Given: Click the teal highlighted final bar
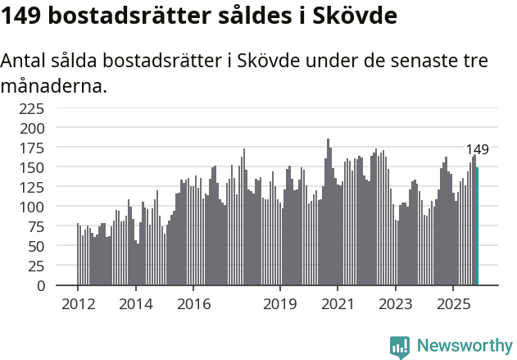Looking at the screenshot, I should coord(477,226).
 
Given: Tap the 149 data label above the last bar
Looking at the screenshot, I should coord(477,149).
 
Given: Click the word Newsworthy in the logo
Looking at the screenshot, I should coord(464,345).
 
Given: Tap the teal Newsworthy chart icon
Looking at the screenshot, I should coord(400,347).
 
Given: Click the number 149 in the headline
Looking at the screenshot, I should coord(22,16).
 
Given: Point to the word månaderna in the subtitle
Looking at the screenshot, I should coord(53,84).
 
